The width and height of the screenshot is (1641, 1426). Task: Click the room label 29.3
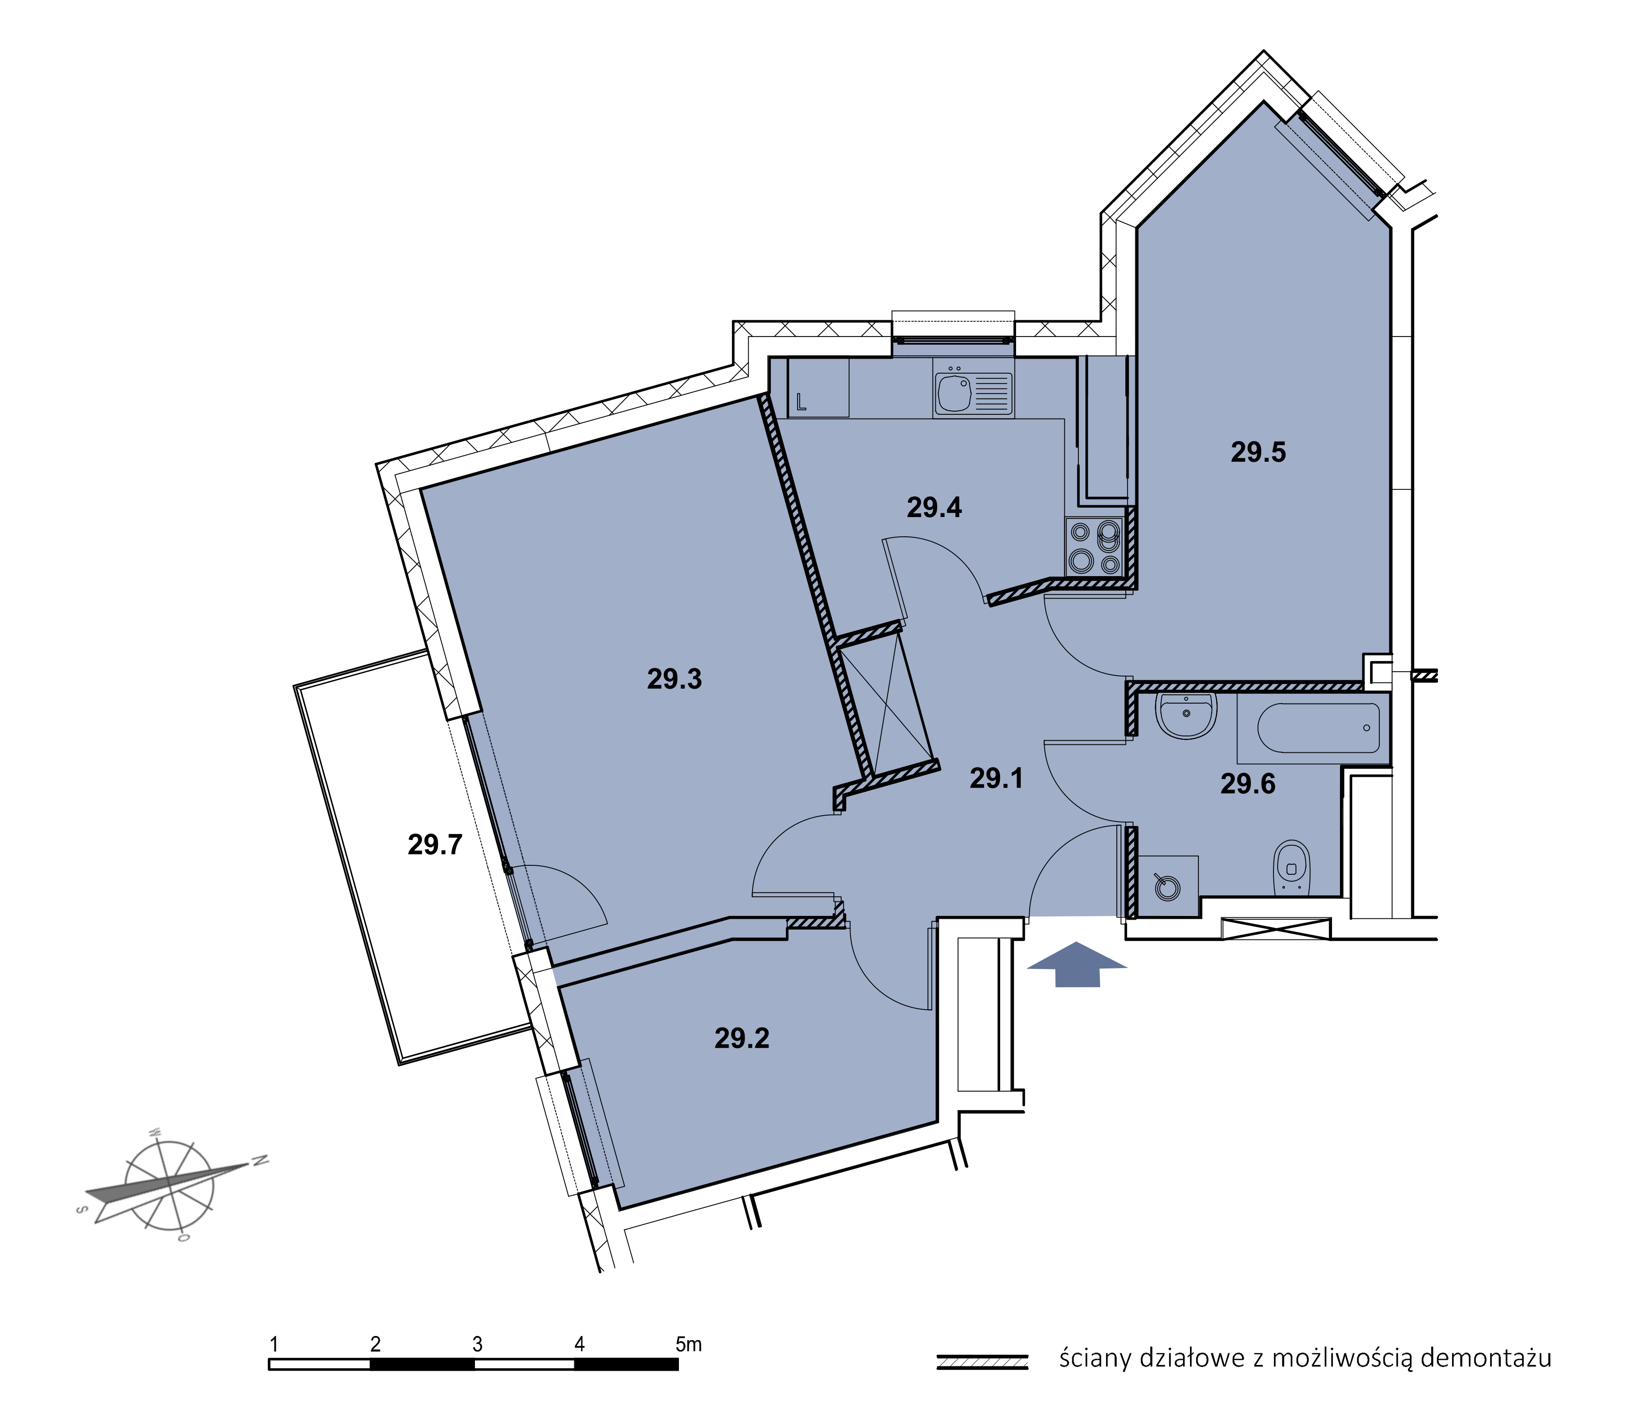point(674,679)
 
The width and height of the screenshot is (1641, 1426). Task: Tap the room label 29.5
point(1258,452)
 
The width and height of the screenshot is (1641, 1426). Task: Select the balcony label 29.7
point(435,844)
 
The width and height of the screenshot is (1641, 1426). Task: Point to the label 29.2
point(742,1038)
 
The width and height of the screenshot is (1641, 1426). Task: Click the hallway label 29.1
point(996,778)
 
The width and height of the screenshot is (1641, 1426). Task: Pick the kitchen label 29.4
point(934,507)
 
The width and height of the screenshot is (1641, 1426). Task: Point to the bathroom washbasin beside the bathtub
point(1186,714)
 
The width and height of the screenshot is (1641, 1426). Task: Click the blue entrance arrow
point(1077,964)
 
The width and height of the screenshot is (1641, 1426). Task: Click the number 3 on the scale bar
point(477,1344)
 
